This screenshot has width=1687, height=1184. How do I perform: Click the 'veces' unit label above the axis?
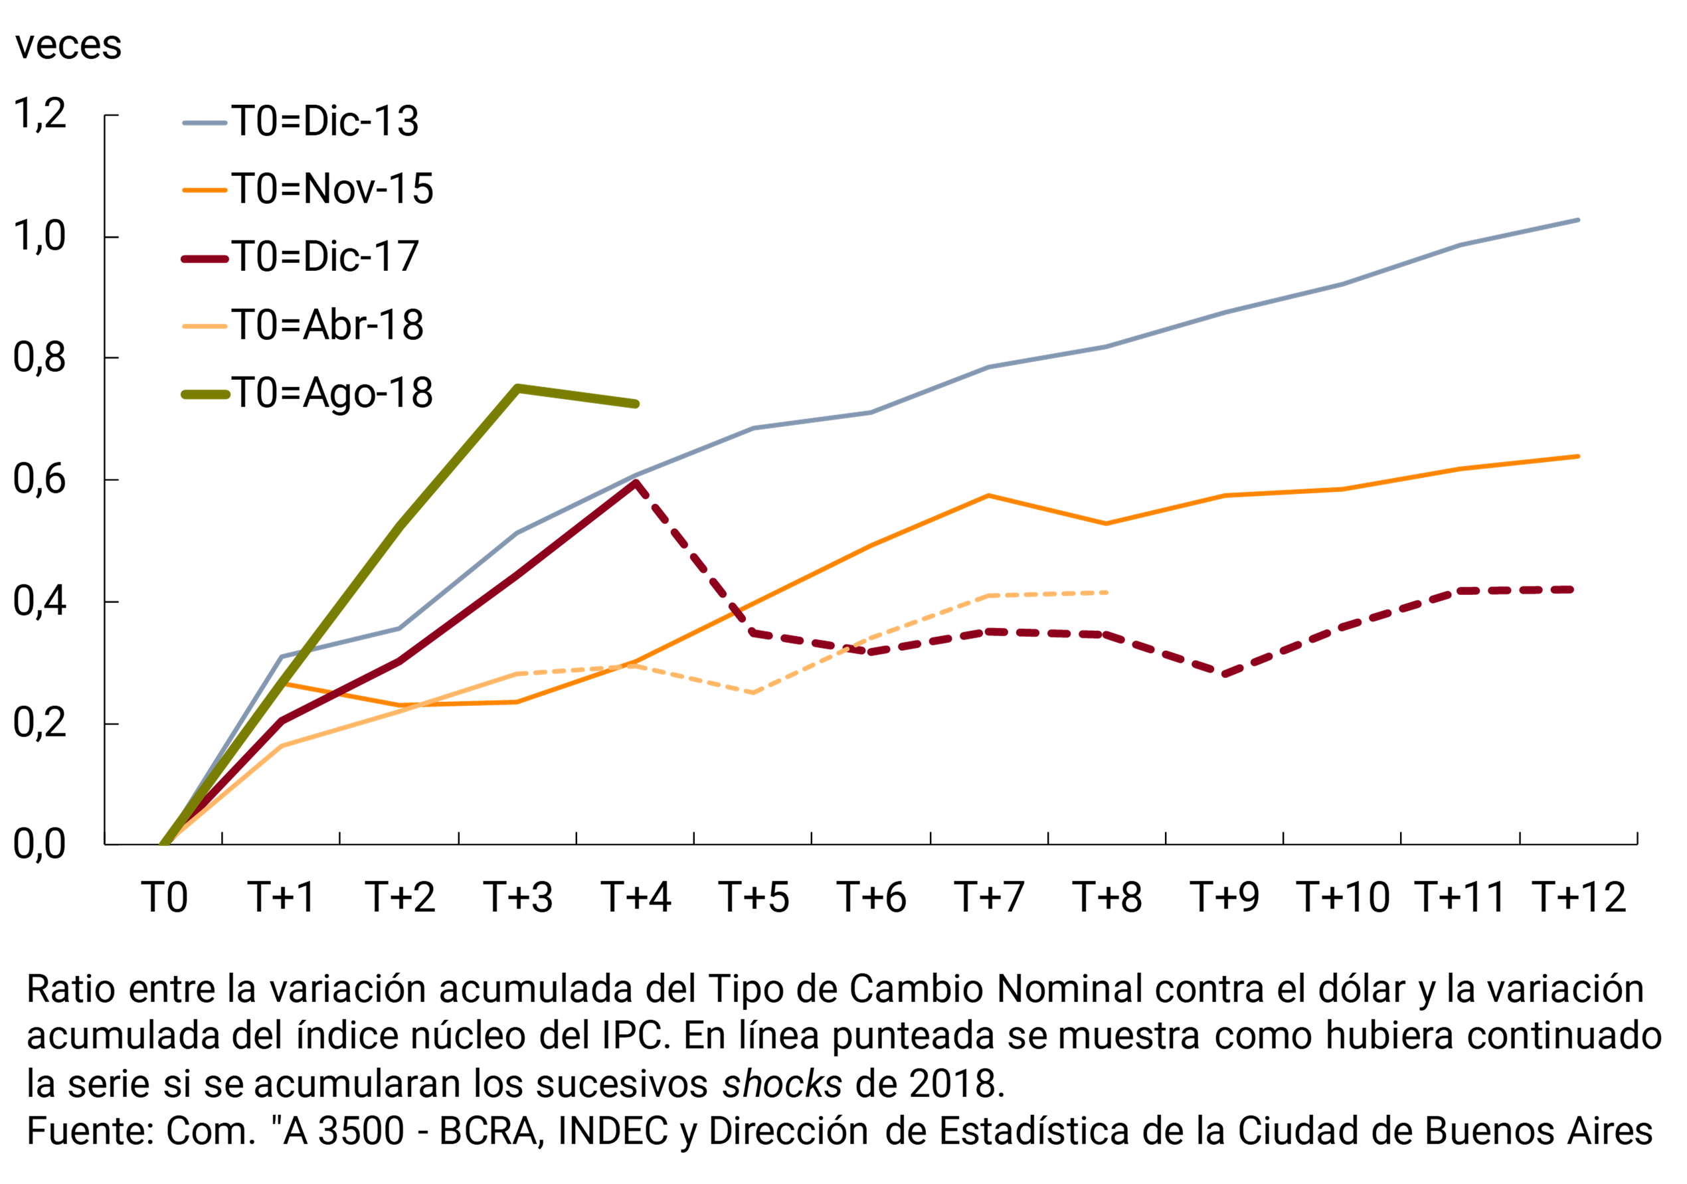tap(68, 46)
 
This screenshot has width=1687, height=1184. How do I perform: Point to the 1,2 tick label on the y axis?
tap(40, 115)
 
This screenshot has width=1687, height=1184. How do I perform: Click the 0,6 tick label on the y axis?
tap(40, 479)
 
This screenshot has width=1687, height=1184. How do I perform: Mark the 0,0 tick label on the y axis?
tap(40, 845)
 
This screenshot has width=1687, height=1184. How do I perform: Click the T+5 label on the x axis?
tap(754, 898)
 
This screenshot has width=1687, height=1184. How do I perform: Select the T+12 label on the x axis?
tap(1579, 898)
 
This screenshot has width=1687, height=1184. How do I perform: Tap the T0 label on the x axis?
tap(165, 898)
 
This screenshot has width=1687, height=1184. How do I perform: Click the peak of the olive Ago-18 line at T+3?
tap(518, 388)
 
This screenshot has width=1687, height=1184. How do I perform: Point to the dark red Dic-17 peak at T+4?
tap(636, 482)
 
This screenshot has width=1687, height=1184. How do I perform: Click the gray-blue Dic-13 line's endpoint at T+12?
tap(1577, 220)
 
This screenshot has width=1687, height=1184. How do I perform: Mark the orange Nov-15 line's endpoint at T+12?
tap(1577, 456)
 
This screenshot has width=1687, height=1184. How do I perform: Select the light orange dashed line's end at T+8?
tap(1106, 592)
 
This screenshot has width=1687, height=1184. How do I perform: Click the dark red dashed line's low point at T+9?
tap(1224, 673)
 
